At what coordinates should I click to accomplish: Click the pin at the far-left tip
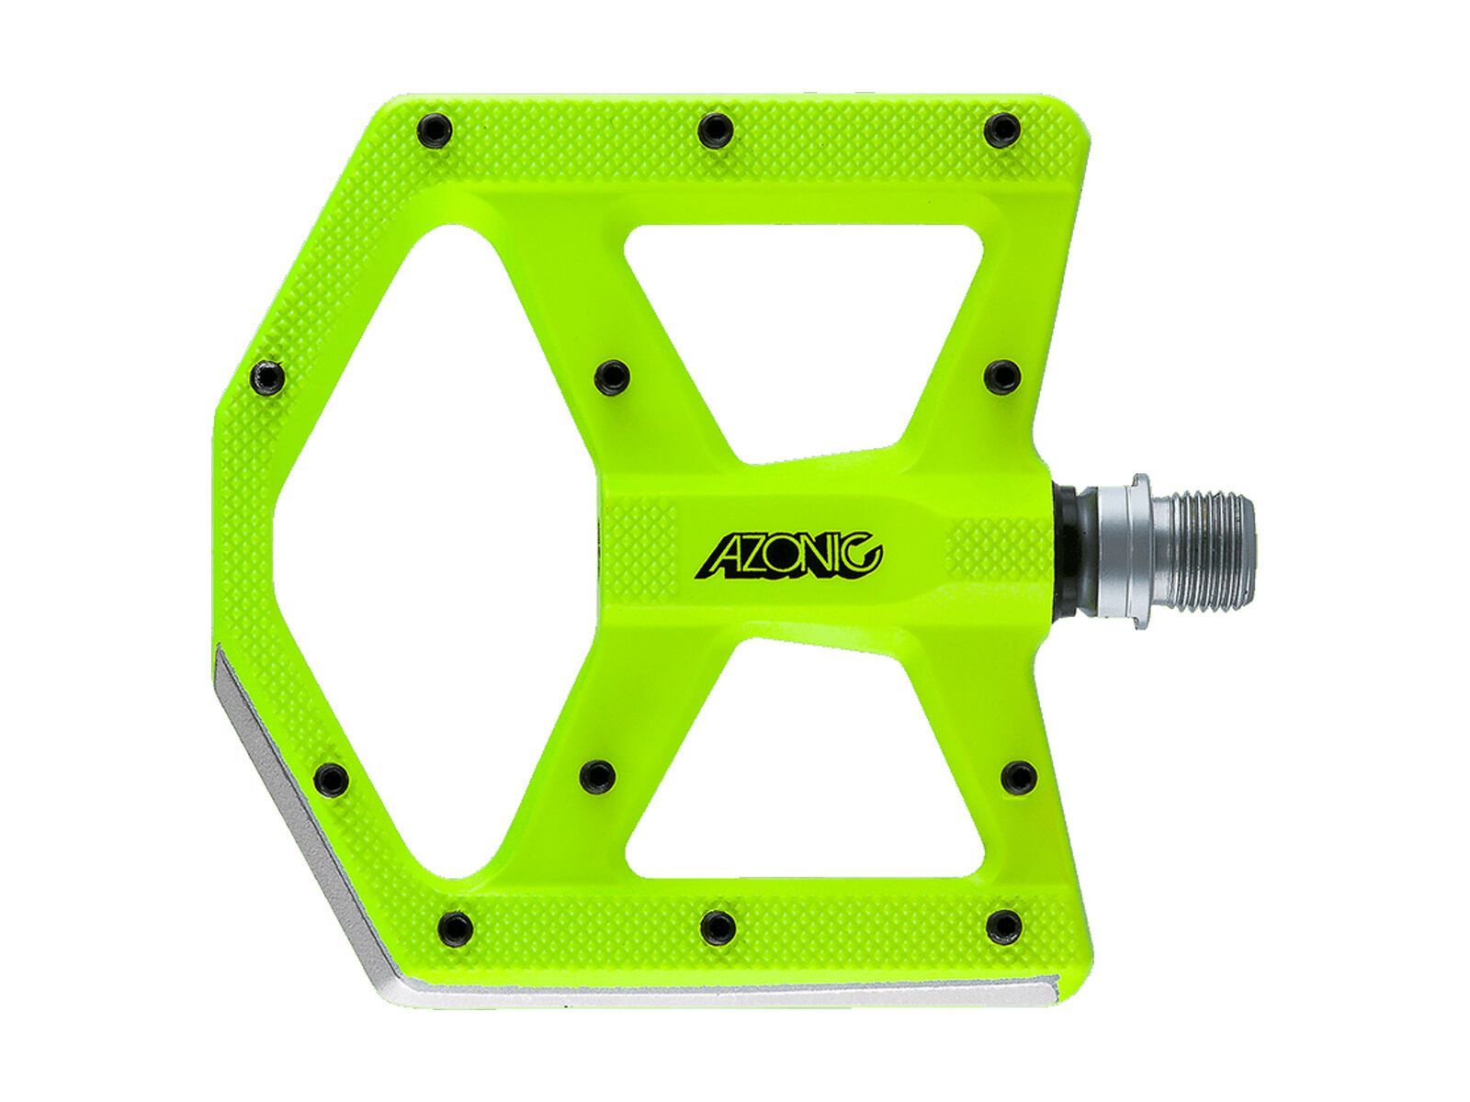[x=267, y=376]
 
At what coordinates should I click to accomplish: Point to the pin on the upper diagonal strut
[x=609, y=375]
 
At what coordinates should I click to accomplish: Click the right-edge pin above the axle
[x=1001, y=375]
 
